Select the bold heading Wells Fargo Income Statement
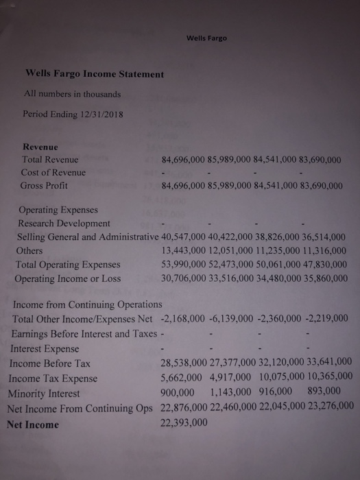pos(94,73)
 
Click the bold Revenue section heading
pos(40,146)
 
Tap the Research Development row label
pos(63,224)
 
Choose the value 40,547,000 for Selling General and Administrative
pos(184,237)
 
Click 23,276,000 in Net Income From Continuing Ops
pos(324,407)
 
